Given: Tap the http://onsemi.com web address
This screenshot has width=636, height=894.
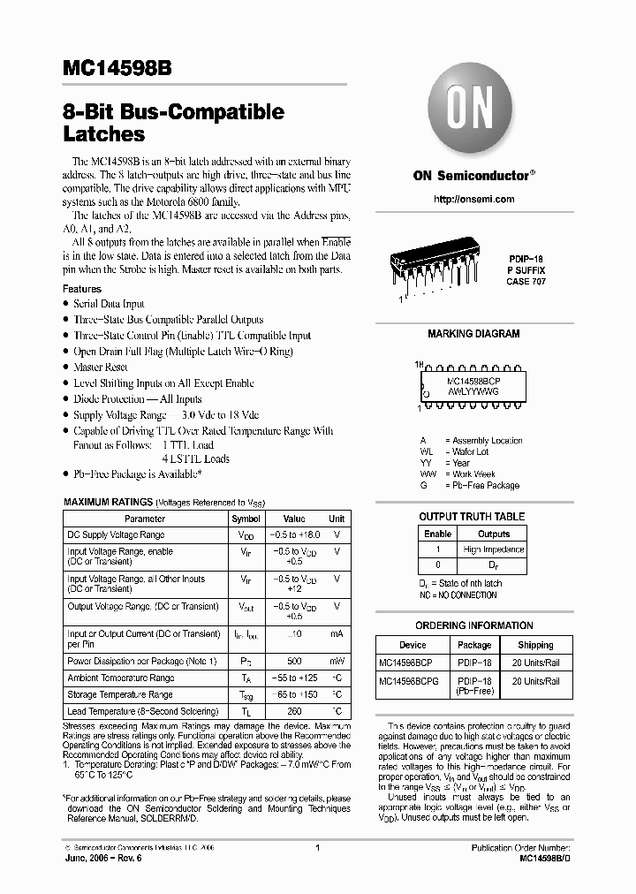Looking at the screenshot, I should pos(474,199).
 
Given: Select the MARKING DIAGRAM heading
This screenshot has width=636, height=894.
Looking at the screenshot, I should pos(473,334).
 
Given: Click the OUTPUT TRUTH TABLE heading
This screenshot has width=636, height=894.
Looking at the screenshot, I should pos(471,517).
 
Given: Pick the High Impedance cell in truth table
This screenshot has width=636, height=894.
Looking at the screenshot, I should pos(494,549).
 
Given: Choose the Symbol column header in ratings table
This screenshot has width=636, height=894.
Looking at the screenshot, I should pos(246,519).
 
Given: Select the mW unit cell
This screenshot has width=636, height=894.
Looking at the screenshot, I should pos(337,660).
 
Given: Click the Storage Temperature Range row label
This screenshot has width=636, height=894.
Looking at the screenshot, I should pos(121,695).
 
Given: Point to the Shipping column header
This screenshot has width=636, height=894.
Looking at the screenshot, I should pos(535,645).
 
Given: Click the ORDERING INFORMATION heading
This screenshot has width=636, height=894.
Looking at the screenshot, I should pos(474,625).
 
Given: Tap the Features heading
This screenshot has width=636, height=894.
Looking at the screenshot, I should pos(82,289).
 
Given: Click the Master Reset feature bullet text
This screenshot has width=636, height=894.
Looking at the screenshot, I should pos(101,367).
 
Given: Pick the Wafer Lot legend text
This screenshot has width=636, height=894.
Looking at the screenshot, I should pos(469,451).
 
